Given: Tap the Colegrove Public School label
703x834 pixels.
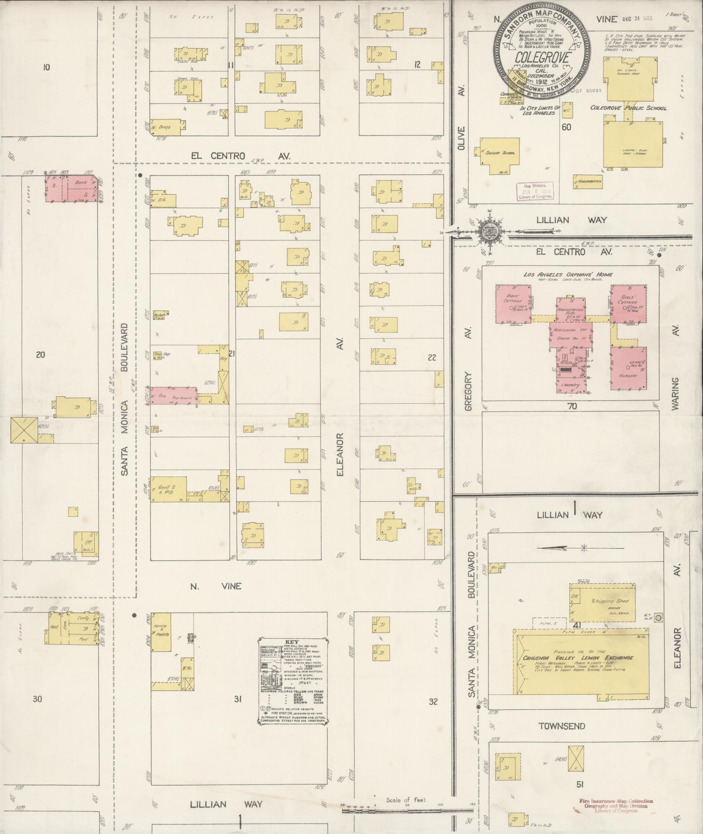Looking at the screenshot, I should pyautogui.click(x=628, y=108).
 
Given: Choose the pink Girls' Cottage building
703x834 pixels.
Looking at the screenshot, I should pyautogui.click(x=628, y=304).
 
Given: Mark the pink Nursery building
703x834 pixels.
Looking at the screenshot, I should pyautogui.click(x=628, y=368).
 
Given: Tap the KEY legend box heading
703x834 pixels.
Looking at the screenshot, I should pyautogui.click(x=292, y=642).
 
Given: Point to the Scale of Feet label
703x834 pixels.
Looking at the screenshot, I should pyautogui.click(x=406, y=800).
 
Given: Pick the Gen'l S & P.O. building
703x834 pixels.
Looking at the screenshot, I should pyautogui.click(x=168, y=489).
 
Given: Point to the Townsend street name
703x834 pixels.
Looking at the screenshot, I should pyautogui.click(x=561, y=726).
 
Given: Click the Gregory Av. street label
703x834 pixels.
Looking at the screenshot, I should pyautogui.click(x=469, y=391).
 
